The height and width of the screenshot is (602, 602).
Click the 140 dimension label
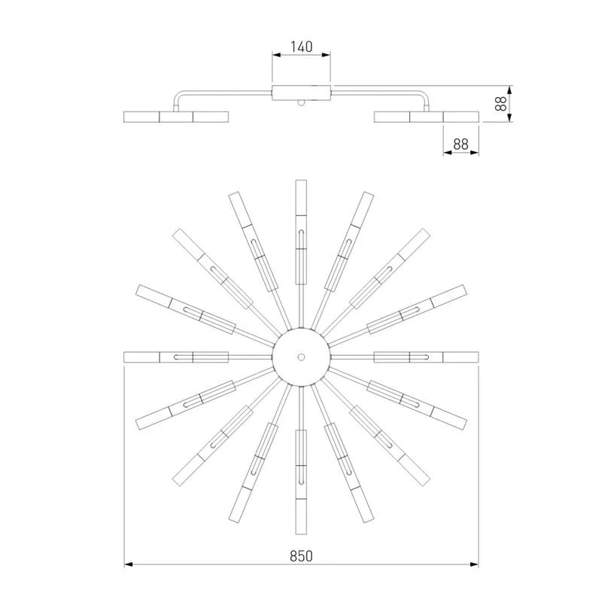[302, 47]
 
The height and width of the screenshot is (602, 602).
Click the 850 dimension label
[302, 556]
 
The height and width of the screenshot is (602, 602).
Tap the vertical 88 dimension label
[500, 104]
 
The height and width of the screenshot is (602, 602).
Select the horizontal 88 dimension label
[461, 144]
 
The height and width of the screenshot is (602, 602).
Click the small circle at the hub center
[302, 357]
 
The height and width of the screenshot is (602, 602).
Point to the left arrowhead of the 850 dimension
[128, 564]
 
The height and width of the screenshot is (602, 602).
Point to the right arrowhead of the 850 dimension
[475, 564]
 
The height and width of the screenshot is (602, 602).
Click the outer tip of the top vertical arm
[302, 180]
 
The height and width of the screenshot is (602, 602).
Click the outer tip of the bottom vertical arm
[302, 534]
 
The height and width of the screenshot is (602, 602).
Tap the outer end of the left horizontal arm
[124, 357]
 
